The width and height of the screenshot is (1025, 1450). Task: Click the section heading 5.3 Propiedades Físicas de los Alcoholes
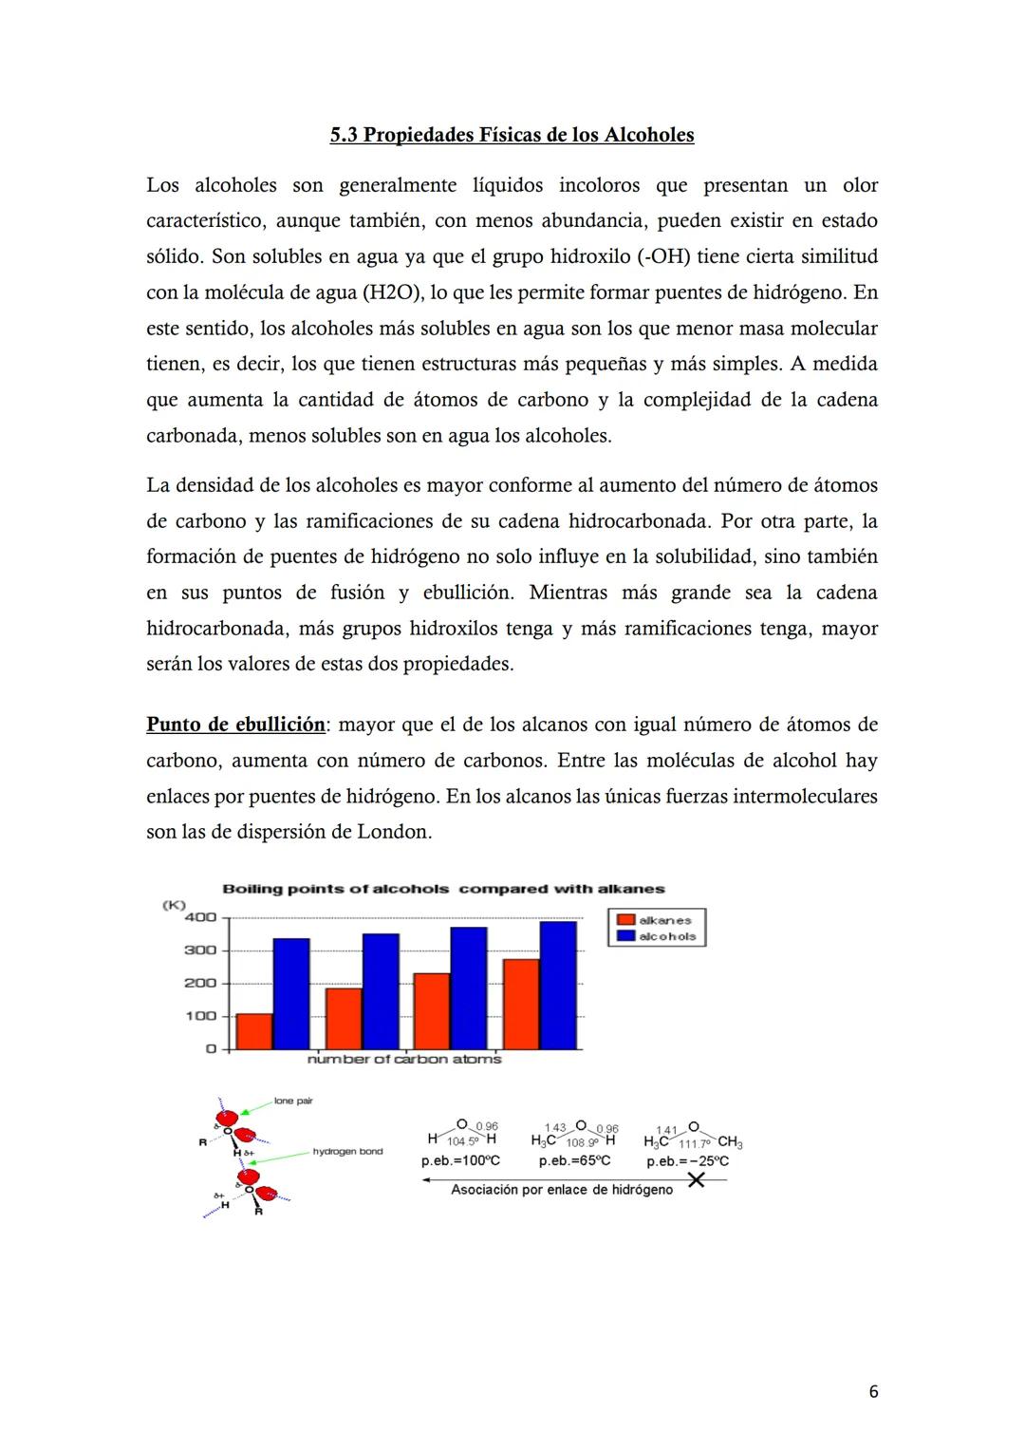coord(512,135)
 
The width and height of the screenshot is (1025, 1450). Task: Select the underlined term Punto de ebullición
coord(235,725)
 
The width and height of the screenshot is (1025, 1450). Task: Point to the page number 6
coord(873,1391)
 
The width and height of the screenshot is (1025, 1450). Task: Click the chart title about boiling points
coord(443,889)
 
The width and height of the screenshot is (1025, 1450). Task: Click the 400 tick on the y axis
coord(200,917)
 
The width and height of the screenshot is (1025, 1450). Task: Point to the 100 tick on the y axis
coord(200,1016)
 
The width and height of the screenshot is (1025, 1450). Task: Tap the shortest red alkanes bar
coord(253,1031)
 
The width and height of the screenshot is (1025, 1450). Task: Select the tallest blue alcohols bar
coord(558,985)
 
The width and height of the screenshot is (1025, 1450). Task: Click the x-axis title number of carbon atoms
coord(404,1059)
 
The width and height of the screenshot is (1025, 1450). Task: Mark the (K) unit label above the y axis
coord(175,905)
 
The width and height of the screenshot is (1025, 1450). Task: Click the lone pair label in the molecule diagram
coord(293,1101)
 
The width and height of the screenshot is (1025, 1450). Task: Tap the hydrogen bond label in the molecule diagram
coord(347,1152)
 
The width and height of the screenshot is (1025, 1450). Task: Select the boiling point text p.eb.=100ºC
coord(460,1160)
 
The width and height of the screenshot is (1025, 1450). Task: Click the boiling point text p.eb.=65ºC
coord(574,1160)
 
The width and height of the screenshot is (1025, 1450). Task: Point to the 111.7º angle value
coord(694,1143)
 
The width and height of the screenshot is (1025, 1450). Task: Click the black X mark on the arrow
coord(696,1179)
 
